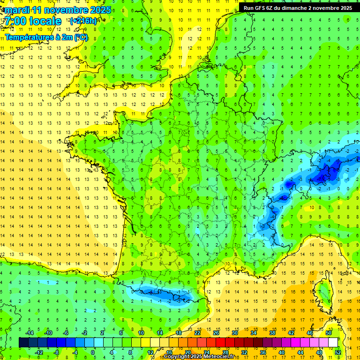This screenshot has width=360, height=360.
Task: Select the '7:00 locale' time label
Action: [32, 21]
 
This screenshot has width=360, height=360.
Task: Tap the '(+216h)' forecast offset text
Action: [83, 21]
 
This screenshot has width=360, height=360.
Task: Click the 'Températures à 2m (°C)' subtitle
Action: [46, 37]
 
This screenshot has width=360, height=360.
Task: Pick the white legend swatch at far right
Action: [333, 343]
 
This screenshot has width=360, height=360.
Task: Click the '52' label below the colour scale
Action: [338, 352]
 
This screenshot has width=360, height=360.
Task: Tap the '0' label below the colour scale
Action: [92, 352]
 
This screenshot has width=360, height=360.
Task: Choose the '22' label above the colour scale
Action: [197, 333]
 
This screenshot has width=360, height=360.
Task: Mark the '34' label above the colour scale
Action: [253, 333]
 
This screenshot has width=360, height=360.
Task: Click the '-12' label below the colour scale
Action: [39, 352]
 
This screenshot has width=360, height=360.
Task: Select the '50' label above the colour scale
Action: [328, 333]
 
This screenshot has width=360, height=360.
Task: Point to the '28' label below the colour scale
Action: [225, 352]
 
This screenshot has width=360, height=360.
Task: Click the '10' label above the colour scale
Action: [141, 333]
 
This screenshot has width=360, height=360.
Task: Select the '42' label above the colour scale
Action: [291, 333]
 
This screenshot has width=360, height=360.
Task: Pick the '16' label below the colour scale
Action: [169, 352]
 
